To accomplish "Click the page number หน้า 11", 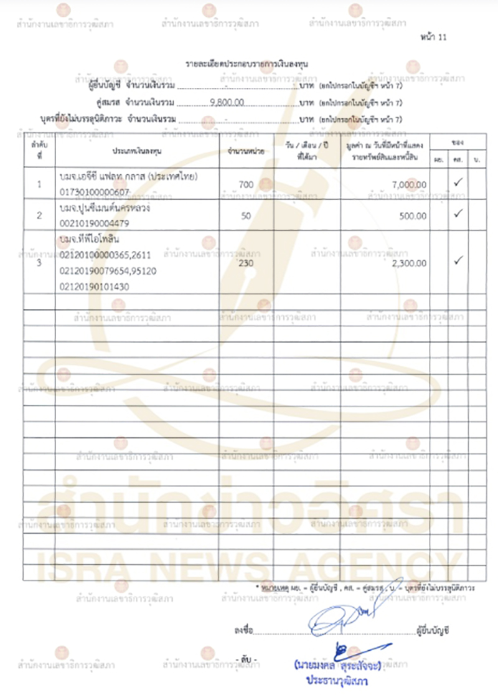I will pyautogui.click(x=435, y=37).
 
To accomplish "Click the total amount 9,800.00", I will pyautogui.click(x=228, y=101).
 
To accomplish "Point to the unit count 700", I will pyautogui.click(x=247, y=184).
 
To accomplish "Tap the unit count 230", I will pyautogui.click(x=247, y=263).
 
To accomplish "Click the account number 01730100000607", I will pyautogui.click(x=95, y=192).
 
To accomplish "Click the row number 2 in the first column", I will pyautogui.click(x=39, y=216).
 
